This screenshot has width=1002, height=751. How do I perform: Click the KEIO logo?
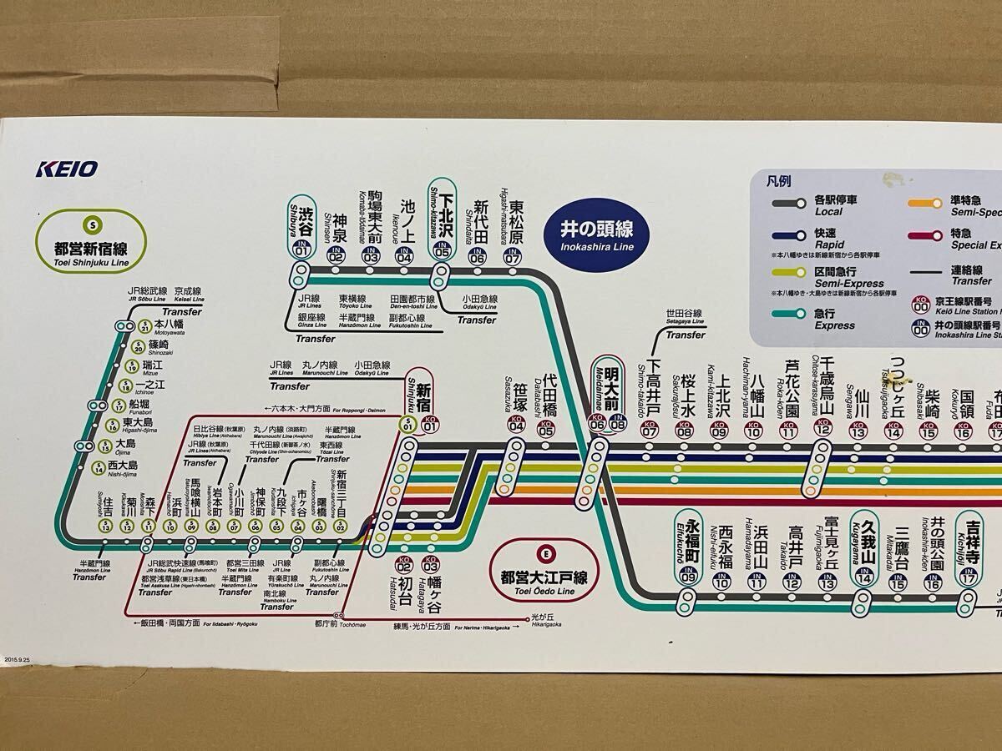[x=68, y=169]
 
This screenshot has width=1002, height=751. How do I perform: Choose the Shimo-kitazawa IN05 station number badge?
[x=442, y=253]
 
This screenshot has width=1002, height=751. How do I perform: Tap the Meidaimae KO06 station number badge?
[x=597, y=425]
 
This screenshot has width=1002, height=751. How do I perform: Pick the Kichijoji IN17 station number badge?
[x=969, y=577]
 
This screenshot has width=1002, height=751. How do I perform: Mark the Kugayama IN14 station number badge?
[x=864, y=577]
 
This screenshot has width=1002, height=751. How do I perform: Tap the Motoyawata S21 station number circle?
[x=144, y=326]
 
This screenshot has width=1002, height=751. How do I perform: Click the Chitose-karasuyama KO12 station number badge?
[x=822, y=431]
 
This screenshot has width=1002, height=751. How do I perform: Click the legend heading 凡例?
[x=778, y=179]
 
